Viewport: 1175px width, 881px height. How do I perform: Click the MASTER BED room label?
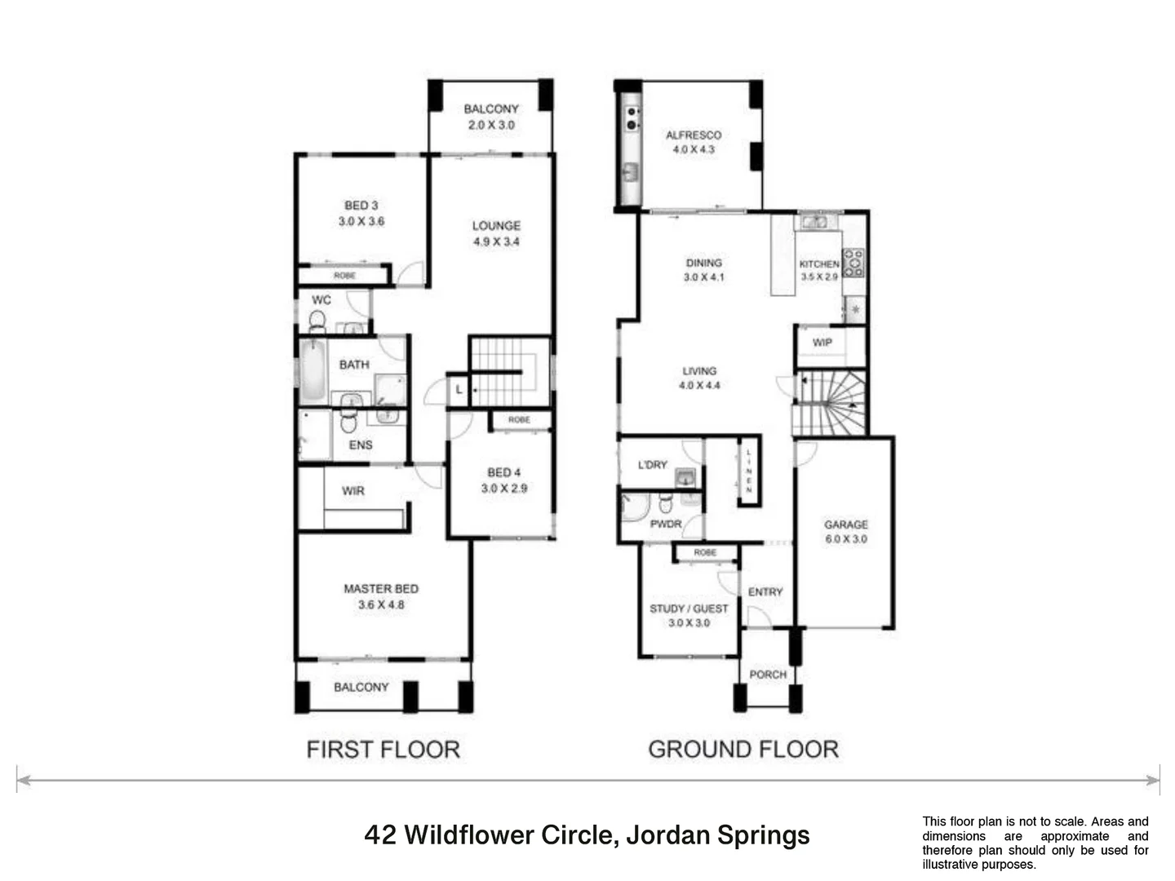point(380,588)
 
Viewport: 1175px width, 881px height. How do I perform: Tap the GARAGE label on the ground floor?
point(845,525)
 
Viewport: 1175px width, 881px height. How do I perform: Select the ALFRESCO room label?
point(693,135)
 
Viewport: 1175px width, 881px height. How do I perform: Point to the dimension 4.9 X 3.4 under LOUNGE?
point(496,241)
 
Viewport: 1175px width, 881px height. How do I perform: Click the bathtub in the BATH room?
point(313,371)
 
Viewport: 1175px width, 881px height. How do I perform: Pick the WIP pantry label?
point(822,343)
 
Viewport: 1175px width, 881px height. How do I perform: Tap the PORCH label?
point(768,675)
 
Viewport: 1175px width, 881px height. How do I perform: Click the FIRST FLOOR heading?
point(383,749)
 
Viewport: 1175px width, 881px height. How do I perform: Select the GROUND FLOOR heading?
point(743,749)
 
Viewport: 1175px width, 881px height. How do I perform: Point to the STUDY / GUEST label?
point(689,609)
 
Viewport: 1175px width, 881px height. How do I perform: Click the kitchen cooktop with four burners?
point(854,263)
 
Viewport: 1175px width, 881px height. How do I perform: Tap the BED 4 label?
point(503,472)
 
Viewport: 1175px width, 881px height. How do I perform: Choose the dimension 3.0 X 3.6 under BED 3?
point(361,221)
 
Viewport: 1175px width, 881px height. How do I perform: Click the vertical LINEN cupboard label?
point(748,471)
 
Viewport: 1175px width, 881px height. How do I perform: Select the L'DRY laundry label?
point(652,464)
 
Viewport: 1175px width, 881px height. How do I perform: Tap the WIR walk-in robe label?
point(352,490)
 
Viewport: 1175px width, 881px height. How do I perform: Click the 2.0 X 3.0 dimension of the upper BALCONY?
point(491,125)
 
